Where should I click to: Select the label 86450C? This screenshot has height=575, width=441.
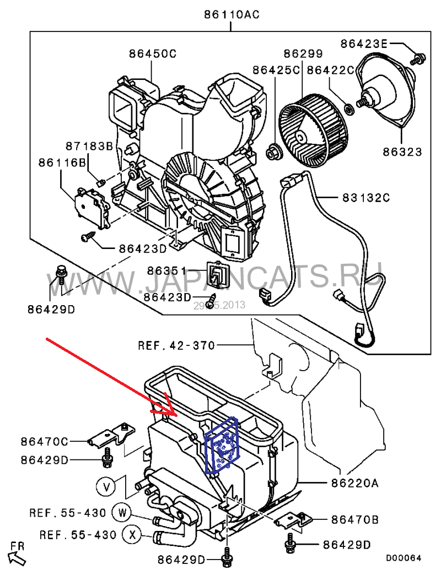(x=153, y=54)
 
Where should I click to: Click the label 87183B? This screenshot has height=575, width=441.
(x=89, y=146)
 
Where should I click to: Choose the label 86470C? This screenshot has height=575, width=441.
(x=45, y=441)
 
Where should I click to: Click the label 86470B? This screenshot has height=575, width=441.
(x=354, y=519)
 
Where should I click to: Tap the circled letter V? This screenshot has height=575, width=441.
(x=107, y=486)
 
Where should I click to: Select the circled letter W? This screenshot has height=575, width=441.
(x=123, y=512)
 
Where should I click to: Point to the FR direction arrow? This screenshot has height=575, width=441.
(x=18, y=554)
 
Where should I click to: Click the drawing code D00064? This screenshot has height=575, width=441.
(x=404, y=558)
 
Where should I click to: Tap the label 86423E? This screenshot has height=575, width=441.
(x=364, y=42)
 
